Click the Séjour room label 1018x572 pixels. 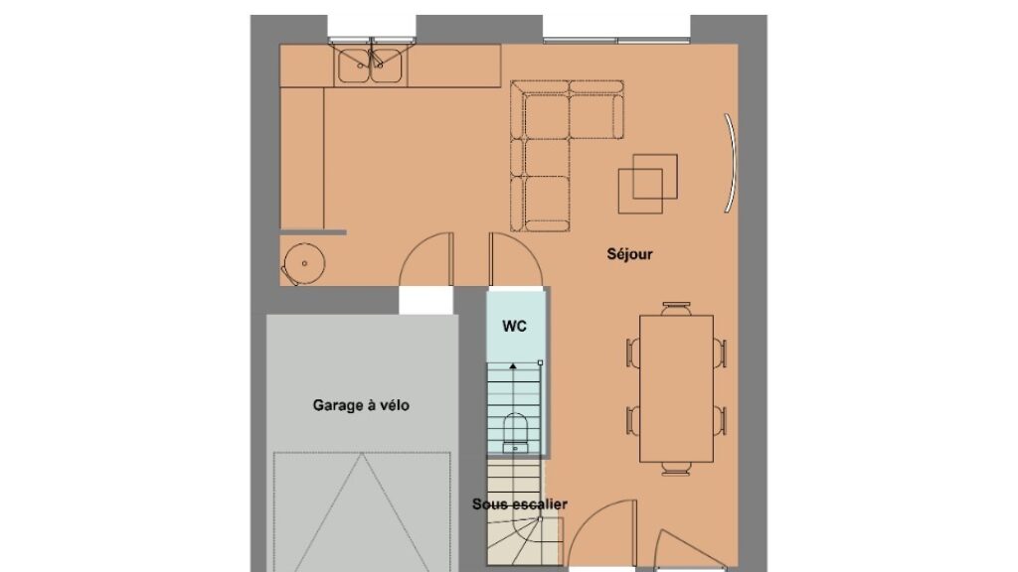[629, 254]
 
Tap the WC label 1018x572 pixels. [514, 326]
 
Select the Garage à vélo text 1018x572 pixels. [361, 405]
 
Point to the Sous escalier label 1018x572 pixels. [519, 503]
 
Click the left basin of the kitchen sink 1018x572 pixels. [353, 66]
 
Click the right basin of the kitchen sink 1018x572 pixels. [387, 66]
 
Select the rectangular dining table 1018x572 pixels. [676, 388]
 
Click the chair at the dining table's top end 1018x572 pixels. [676, 308]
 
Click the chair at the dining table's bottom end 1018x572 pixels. [676, 469]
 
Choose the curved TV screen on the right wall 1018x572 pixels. [732, 163]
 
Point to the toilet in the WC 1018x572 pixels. [516, 432]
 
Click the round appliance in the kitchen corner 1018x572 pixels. [303, 264]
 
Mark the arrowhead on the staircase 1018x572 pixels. [513, 366]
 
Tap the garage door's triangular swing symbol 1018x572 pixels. [362, 512]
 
